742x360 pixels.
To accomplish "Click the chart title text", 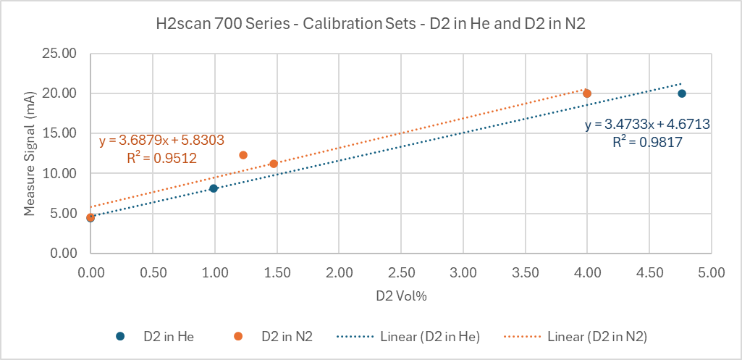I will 371,23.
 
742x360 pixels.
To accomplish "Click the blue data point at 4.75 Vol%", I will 681,93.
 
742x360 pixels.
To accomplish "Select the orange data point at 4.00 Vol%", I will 587,93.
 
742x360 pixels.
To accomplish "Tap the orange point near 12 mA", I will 243,155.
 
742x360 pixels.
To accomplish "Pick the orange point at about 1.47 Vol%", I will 273,164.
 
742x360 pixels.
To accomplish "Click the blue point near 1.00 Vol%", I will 214,188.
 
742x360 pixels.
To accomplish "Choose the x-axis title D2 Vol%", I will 400,296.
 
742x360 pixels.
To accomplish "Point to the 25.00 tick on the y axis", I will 62,54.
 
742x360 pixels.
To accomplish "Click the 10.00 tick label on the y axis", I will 62,173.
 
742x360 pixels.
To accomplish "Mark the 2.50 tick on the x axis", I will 401,272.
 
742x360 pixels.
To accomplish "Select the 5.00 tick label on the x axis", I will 712,272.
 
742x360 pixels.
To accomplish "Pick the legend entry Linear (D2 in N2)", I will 597,336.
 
